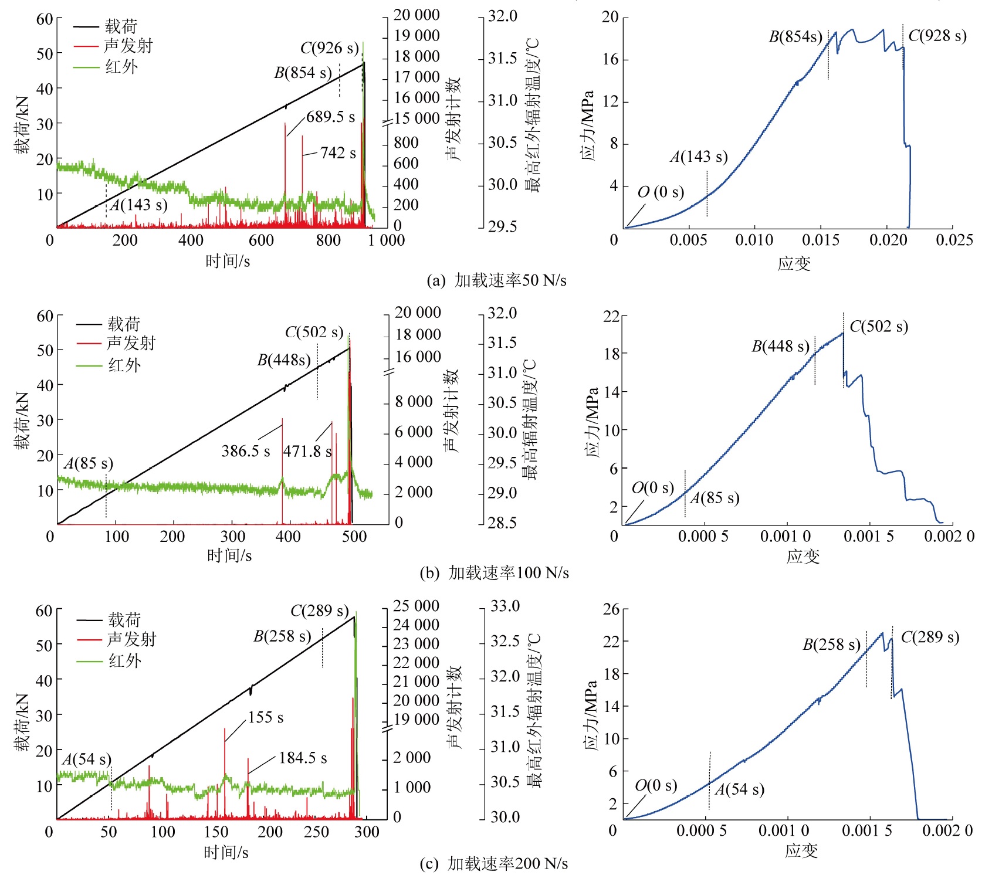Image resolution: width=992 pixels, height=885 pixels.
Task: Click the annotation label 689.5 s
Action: point(330,117)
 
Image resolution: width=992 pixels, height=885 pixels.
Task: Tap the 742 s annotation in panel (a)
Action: point(338,153)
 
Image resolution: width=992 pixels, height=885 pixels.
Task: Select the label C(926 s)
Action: point(329,48)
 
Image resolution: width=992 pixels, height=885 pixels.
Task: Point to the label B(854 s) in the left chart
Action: point(303,73)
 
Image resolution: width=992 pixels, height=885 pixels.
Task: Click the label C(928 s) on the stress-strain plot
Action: point(937,36)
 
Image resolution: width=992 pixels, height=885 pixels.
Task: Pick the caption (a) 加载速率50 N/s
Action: point(496,280)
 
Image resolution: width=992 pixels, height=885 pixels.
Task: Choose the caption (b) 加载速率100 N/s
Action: point(494,572)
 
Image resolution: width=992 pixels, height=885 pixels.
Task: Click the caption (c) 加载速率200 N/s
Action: point(493,863)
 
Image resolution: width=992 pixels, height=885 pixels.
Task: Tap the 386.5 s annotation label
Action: point(245,451)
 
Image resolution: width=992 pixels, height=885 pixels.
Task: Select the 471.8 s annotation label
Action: point(307,452)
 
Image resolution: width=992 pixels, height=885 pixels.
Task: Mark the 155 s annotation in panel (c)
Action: point(266,717)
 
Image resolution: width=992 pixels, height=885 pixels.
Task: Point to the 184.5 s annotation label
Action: point(303,758)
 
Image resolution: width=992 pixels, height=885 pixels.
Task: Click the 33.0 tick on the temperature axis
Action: point(505,606)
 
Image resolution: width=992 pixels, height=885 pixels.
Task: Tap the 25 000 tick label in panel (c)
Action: point(416,606)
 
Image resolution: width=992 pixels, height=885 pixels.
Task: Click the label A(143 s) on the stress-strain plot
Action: point(699,157)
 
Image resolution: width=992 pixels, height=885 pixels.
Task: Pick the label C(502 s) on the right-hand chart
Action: point(878,326)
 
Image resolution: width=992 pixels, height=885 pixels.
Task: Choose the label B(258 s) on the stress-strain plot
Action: point(831,645)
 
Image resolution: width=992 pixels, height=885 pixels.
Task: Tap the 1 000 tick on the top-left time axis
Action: point(387,240)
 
